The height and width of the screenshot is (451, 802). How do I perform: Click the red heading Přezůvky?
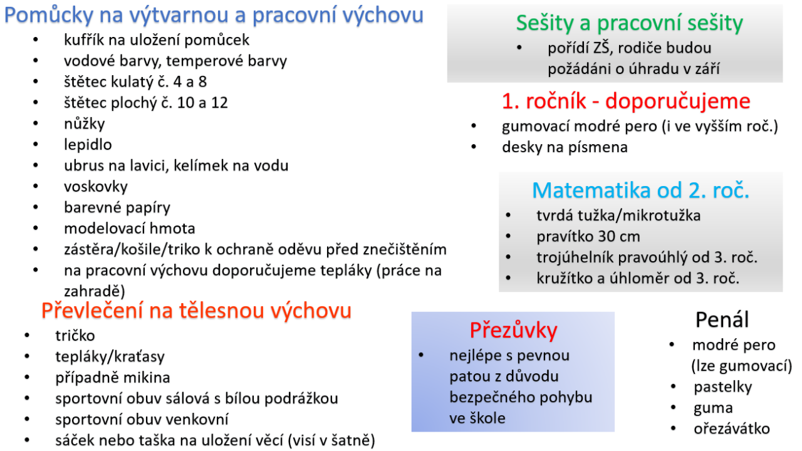coord(513,330)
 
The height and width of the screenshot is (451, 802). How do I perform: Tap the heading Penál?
coord(722,319)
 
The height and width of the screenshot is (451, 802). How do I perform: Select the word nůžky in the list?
coord(85,124)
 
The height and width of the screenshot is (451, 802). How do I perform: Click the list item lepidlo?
coord(88,145)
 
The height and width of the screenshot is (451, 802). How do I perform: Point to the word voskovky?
coord(96,187)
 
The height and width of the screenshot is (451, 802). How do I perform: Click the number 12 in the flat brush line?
coord(219,103)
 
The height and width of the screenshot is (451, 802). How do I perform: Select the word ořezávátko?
coord(732,429)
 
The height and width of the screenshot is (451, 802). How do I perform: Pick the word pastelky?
coord(723,387)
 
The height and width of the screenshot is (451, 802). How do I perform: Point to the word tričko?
coord(75,336)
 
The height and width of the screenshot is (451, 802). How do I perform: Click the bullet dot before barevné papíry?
coord(36,207)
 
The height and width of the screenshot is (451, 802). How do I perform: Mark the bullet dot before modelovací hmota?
coord(36,228)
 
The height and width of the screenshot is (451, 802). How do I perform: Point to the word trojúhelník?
coord(575,257)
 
